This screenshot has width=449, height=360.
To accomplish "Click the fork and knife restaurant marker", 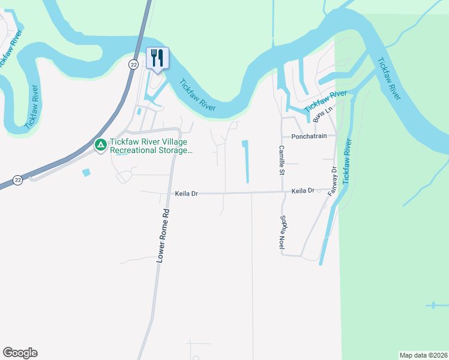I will coord(157,59).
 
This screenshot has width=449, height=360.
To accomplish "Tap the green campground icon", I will coord(101,145).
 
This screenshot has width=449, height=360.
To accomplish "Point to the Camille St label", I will coord(280,160).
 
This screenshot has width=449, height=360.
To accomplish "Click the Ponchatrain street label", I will coord(309,136).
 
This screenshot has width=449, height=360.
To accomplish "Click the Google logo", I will coord(20,353).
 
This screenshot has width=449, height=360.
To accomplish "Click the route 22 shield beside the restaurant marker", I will coord(133,64).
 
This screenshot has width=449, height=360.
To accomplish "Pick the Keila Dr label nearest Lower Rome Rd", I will coord(186,194).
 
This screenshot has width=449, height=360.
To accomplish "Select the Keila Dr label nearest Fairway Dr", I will coord(303,190).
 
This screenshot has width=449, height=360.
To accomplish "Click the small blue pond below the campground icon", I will coord(87,172).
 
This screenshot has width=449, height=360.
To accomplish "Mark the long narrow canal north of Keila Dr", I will coord(246,162).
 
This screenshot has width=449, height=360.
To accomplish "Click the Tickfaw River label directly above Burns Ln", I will coord(325,101).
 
